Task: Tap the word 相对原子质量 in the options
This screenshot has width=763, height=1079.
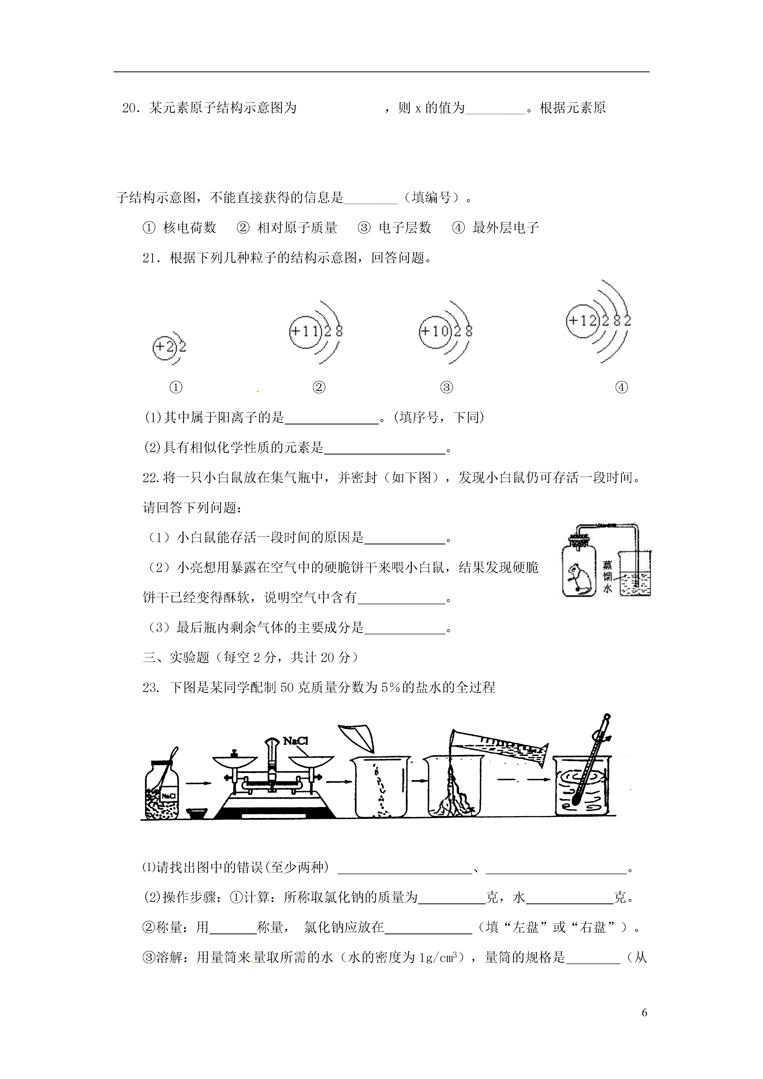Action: click(297, 228)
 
